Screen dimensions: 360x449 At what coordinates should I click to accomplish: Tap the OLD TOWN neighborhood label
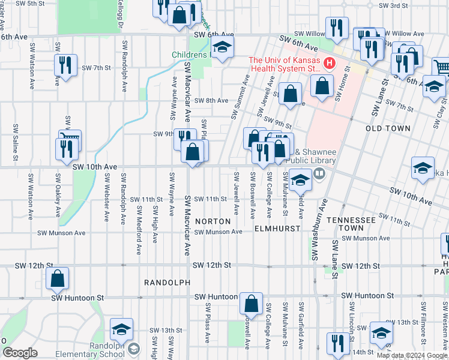388,128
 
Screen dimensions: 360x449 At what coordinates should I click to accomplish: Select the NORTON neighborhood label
212,221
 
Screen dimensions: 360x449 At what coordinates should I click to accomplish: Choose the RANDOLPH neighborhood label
167,282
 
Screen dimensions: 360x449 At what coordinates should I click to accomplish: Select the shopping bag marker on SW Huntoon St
251,302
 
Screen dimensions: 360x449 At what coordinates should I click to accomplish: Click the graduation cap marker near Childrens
222,49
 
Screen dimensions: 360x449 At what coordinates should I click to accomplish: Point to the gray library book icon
319,174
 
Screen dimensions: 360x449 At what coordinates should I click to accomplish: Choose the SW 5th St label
30,4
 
